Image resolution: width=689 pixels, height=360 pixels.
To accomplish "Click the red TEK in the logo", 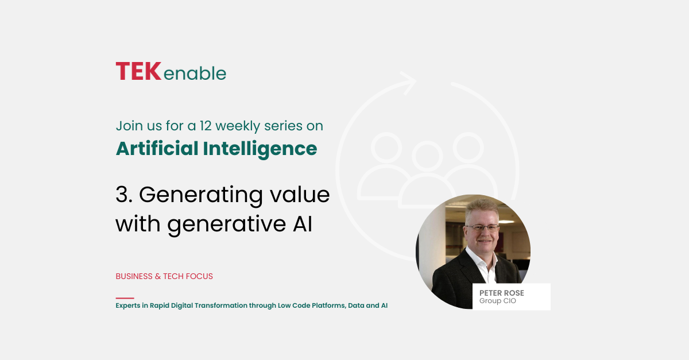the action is pyautogui.click(x=138, y=71).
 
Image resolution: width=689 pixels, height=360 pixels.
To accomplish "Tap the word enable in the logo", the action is pyautogui.click(x=195, y=73).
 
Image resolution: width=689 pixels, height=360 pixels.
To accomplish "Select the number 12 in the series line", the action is pyautogui.click(x=205, y=126).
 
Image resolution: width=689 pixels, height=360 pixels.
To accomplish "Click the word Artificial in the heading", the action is pyautogui.click(x=157, y=148).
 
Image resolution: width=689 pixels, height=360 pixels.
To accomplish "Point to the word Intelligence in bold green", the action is pyautogui.click(x=260, y=149).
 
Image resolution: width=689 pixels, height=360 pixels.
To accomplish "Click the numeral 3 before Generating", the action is pyautogui.click(x=122, y=195).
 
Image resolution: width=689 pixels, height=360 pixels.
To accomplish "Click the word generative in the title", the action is pyautogui.click(x=226, y=224).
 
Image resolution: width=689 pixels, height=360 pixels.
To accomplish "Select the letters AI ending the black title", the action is pyautogui.click(x=303, y=224).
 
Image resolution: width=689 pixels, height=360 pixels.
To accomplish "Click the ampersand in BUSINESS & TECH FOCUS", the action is pyautogui.click(x=158, y=276).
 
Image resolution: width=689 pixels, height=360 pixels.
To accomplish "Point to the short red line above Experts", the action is pyautogui.click(x=125, y=298).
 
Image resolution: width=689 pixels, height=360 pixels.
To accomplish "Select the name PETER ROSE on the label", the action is pyautogui.click(x=502, y=293).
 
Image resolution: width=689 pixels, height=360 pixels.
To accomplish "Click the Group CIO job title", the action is pyautogui.click(x=498, y=301).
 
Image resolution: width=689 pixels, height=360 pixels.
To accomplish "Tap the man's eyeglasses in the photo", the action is pyautogui.click(x=482, y=228).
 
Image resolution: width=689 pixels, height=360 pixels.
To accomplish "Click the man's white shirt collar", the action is pyautogui.click(x=481, y=260).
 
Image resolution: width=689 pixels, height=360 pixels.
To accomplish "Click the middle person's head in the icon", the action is pyautogui.click(x=427, y=156).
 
